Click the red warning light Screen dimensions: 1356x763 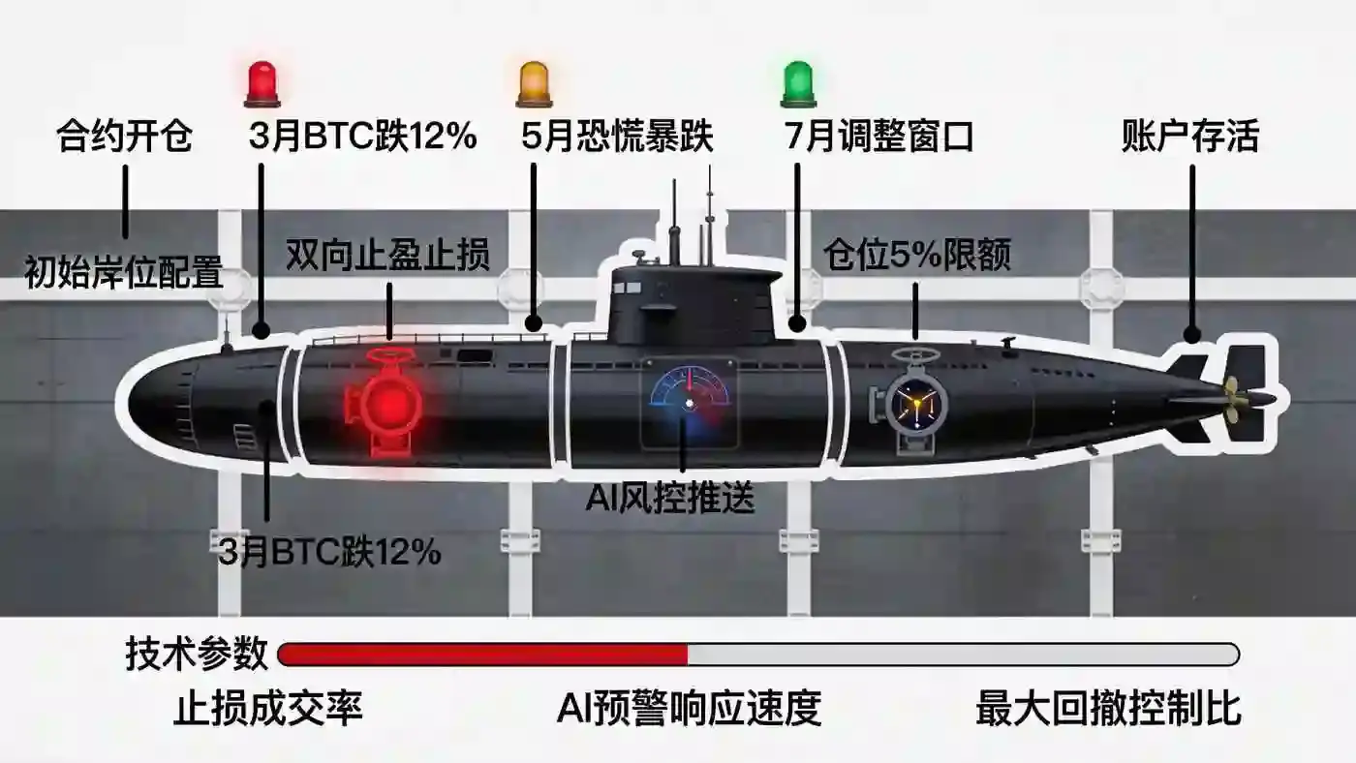262,84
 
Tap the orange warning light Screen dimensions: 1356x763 534,84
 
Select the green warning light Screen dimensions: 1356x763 798,84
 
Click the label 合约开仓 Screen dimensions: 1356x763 125,137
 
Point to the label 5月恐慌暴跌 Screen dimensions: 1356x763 618,137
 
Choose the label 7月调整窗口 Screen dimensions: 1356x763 879,137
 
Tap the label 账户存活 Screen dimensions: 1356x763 1190,137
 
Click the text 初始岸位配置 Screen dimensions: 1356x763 124,273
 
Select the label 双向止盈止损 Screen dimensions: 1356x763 387,255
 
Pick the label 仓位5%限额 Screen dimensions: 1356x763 917,255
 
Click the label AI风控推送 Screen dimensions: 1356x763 670,499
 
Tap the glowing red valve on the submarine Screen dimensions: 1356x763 383,402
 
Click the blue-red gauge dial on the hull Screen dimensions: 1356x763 690,403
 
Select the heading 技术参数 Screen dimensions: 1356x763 197,654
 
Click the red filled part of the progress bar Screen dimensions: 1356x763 483,655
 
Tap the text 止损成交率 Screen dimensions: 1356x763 268,708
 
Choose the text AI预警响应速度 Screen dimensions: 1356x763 689,708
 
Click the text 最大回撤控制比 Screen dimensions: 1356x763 1108,708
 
